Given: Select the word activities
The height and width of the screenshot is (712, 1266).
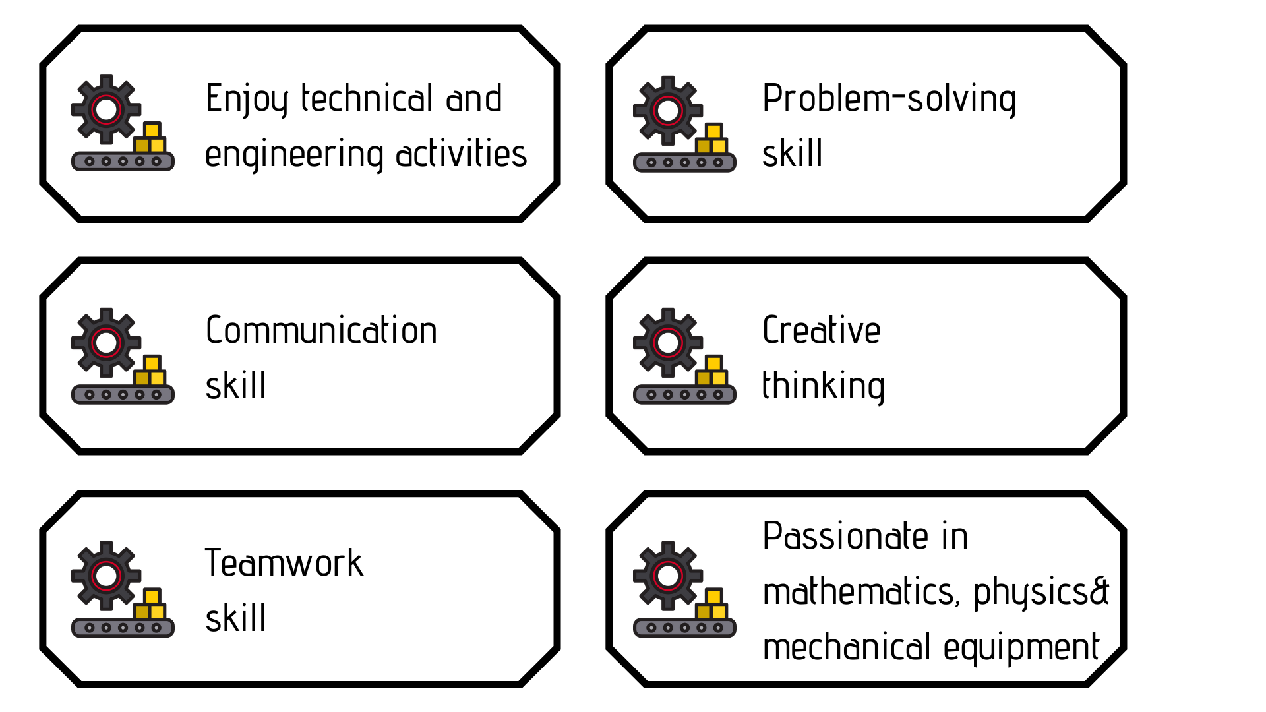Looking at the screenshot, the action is (x=461, y=153).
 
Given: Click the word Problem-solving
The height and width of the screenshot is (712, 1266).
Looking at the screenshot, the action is (x=889, y=100).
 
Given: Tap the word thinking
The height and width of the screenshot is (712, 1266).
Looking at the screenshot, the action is (x=823, y=387).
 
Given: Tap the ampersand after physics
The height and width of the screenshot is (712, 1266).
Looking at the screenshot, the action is (x=1099, y=591).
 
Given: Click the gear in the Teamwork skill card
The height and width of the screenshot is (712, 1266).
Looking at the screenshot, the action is (x=106, y=576).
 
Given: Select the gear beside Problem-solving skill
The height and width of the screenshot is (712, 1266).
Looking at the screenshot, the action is (x=668, y=111).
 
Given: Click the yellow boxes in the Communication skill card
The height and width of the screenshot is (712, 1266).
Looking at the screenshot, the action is (x=150, y=371).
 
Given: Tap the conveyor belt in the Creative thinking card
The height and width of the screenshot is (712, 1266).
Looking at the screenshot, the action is (x=684, y=394).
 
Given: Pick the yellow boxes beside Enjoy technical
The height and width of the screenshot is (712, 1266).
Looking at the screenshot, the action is (x=150, y=138).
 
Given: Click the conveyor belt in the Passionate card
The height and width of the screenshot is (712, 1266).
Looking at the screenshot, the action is (x=684, y=628).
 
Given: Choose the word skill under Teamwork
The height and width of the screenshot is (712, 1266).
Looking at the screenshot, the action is (x=235, y=618).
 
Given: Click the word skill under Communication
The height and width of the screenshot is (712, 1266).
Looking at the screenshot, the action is (x=235, y=386).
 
